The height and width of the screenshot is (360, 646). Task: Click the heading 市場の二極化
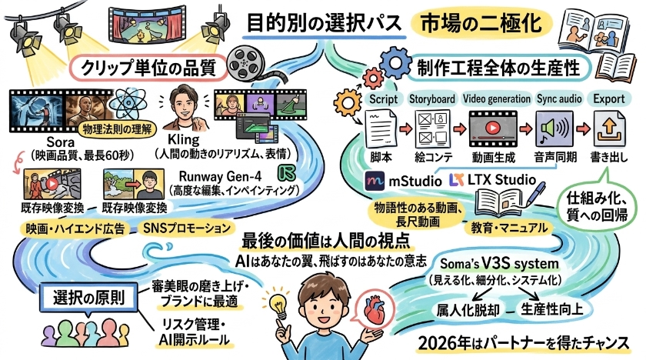[x=481, y=22]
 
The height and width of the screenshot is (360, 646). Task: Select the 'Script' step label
[x=383, y=99]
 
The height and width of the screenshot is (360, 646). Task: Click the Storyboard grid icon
[x=432, y=128]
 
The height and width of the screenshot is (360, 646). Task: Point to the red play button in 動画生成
[x=492, y=128]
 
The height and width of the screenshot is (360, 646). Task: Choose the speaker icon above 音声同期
[x=554, y=128]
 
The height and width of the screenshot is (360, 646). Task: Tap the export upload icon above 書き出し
[x=609, y=128]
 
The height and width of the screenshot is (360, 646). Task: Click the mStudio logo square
[x=375, y=182]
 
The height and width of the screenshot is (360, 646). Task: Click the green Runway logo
[x=287, y=173]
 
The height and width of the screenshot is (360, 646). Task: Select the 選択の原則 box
[x=88, y=298]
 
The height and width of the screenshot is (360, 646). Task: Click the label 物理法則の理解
[x=117, y=130]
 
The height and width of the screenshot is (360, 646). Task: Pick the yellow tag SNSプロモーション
[x=187, y=228]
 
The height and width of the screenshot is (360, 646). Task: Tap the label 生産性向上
[x=552, y=309]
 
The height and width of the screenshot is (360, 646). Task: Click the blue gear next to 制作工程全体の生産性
[x=395, y=62]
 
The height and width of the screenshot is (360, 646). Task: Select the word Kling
[x=184, y=140]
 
